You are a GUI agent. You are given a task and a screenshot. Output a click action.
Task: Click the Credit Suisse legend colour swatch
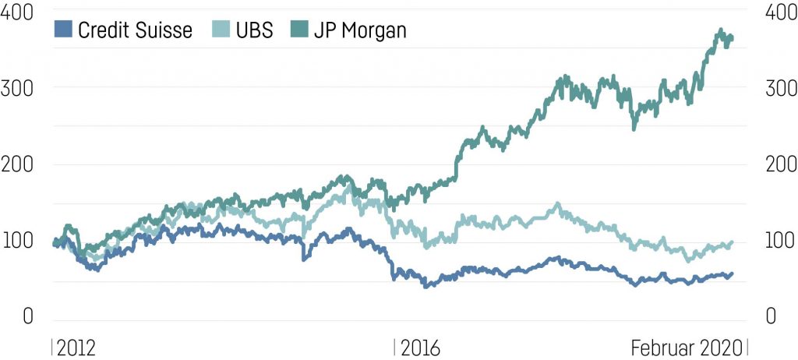64,30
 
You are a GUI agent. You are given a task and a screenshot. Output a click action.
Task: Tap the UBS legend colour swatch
223,30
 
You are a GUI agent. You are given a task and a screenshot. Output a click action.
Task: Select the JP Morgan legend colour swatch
301,30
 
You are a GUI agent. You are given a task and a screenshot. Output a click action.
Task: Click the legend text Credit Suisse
135,30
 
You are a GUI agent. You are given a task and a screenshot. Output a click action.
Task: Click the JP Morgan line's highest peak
719,30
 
